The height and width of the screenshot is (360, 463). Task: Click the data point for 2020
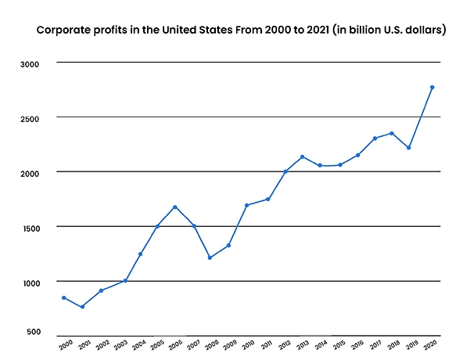432,87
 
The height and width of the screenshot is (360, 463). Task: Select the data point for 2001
82,307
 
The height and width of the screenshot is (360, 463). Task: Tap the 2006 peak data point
174,207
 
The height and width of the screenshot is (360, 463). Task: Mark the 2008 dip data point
210,257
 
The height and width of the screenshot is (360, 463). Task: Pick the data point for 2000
63,297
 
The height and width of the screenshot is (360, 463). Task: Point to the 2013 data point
302,157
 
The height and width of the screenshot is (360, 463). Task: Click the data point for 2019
409,148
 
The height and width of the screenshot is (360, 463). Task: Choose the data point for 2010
246,205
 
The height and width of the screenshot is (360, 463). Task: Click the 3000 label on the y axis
29,63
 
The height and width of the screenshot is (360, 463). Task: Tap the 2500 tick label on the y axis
29,117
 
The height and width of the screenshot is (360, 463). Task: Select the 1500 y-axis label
29,227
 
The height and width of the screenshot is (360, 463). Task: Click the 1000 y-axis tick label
29,282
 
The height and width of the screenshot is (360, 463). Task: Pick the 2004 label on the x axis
138,344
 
